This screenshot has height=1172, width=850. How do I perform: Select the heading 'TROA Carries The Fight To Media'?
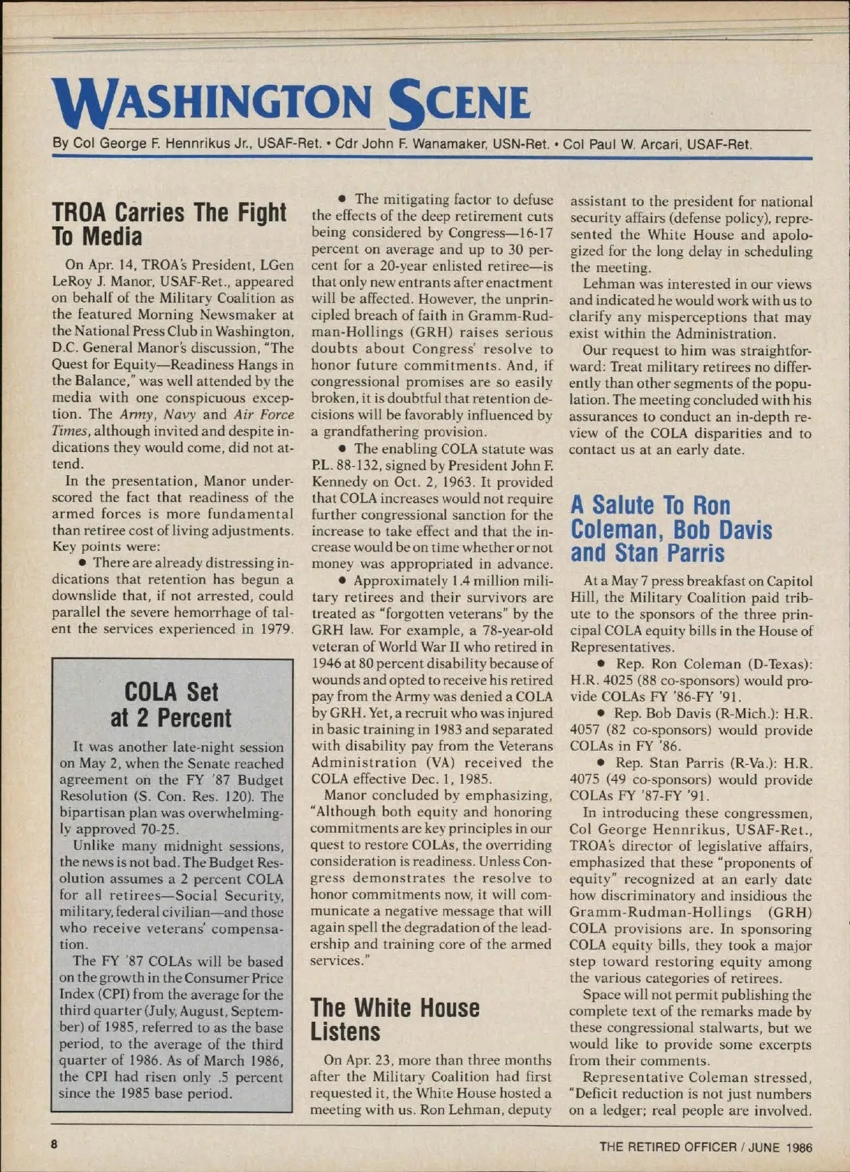click(169, 224)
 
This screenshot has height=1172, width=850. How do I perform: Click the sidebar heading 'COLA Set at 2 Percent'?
click(171, 705)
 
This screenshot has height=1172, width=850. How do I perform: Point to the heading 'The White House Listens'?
click(395, 1019)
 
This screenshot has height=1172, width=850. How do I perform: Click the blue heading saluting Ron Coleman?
click(671, 529)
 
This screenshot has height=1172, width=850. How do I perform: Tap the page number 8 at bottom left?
click(54, 1145)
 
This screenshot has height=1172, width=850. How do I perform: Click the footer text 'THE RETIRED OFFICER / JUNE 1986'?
click(705, 1147)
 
